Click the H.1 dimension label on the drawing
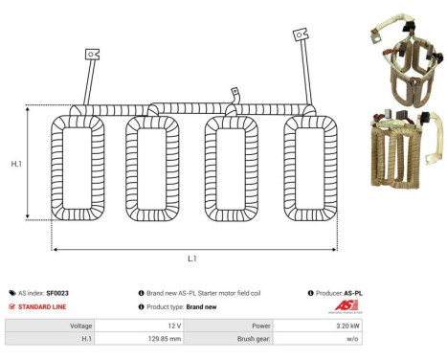pyautogui.click(x=16, y=165)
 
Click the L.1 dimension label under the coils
pyautogui.click(x=192, y=259)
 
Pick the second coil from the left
pyautogui.click(x=154, y=169)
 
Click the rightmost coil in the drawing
pyautogui.click(x=312, y=169)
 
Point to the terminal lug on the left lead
pyautogui.click(x=93, y=56)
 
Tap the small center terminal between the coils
pyautogui.click(x=233, y=94)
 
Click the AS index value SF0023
pyautogui.click(x=57, y=293)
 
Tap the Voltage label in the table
pyautogui.click(x=78, y=326)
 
